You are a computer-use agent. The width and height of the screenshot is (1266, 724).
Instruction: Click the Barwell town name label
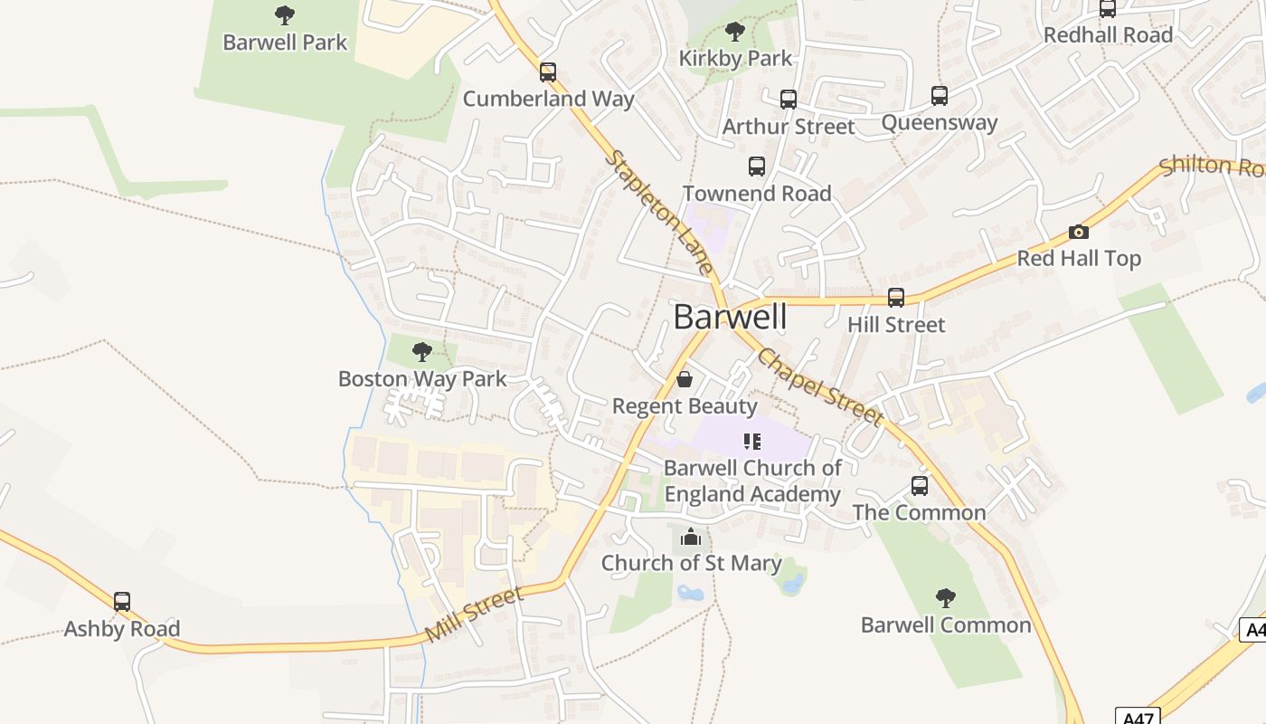tap(730, 318)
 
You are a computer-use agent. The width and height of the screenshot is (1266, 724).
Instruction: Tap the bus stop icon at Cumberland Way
tap(548, 72)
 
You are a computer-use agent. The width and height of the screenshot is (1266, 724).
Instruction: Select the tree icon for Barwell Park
tap(285, 15)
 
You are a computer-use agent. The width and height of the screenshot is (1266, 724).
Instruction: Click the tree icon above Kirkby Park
tap(735, 32)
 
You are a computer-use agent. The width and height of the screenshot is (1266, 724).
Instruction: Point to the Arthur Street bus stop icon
tap(789, 100)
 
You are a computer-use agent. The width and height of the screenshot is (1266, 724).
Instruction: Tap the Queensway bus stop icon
tap(940, 96)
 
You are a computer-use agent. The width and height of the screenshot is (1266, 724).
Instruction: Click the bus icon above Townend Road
tap(757, 167)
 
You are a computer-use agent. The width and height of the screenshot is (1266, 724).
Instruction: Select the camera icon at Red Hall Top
tap(1078, 233)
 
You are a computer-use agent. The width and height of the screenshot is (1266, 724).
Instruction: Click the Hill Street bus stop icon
tap(896, 298)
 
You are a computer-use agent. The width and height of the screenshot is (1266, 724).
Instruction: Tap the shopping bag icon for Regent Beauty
tap(685, 379)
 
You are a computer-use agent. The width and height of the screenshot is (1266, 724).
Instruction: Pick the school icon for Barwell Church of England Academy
tap(752, 442)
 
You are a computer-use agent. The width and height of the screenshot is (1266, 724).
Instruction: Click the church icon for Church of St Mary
tap(691, 538)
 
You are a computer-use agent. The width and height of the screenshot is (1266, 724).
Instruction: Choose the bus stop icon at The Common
tap(920, 486)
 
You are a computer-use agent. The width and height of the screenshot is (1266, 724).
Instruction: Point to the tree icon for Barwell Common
tap(946, 598)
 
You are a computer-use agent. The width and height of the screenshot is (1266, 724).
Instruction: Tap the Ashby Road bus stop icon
tap(122, 602)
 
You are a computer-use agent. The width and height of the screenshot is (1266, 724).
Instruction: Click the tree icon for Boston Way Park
tap(421, 352)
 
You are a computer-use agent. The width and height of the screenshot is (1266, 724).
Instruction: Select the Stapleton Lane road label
tap(657, 214)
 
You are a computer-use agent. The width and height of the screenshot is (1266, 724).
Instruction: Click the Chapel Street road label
tap(819, 386)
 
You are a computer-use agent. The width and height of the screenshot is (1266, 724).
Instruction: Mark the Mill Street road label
tap(474, 614)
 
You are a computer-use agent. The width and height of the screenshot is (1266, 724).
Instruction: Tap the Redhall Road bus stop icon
tap(1108, 9)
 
